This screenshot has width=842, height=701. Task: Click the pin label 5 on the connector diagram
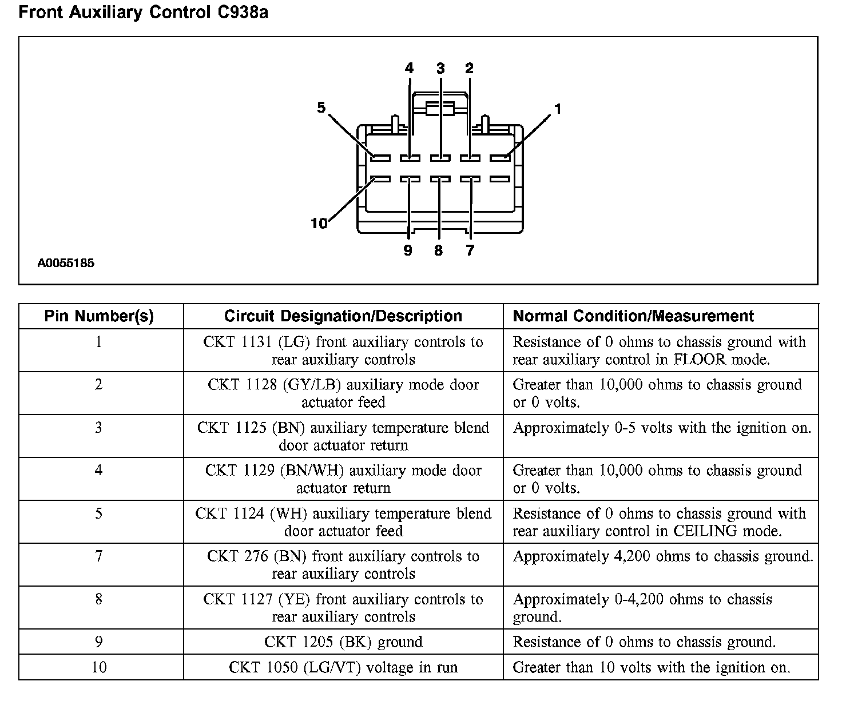321,107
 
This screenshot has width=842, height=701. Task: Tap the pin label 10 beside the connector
319,223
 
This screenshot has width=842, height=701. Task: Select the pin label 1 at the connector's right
558,109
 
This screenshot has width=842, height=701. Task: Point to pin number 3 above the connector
440,69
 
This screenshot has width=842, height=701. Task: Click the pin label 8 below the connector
438,250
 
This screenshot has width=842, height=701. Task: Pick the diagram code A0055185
66,264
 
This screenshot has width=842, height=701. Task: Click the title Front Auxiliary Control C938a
143,13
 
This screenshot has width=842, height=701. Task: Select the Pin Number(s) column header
99,316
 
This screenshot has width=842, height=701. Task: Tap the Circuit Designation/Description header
343,316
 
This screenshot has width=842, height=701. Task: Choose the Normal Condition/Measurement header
633,316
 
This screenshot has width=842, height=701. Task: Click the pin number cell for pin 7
99,556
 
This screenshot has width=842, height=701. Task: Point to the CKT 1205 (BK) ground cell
343,642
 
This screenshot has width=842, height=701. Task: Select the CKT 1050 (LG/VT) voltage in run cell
343,667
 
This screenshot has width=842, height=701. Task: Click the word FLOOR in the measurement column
702,360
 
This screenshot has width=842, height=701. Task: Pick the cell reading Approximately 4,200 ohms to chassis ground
662,556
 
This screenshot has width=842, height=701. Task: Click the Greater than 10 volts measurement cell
652,667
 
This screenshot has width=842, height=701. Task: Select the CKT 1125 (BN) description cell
343,436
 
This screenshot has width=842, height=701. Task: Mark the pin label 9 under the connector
408,250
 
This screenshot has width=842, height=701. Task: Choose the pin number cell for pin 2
99,385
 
